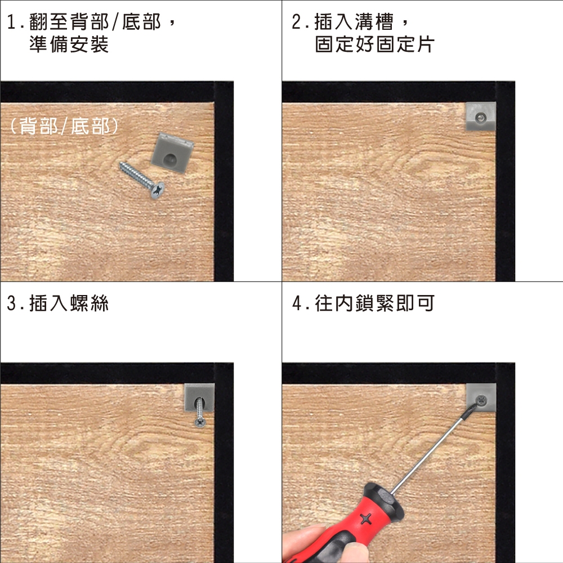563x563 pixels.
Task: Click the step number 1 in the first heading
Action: click(x=11, y=23)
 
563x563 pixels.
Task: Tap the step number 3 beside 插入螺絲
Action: click(x=11, y=303)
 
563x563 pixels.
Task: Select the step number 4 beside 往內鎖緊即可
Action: click(x=297, y=303)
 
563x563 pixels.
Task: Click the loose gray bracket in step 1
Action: click(x=172, y=153)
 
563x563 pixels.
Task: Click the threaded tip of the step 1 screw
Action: click(x=122, y=165)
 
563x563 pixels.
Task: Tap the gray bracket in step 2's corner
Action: click(x=481, y=117)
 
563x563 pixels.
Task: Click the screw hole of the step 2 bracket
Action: click(x=480, y=117)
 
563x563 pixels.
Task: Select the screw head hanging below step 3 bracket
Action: click(x=200, y=422)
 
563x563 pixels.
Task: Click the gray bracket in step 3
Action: click(x=199, y=397)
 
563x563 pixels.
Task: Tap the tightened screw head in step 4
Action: click(x=481, y=399)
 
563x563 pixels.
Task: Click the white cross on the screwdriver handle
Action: click(x=366, y=519)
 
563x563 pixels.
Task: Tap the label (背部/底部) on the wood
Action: click(x=64, y=126)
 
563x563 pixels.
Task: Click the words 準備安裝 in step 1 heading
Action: click(x=69, y=44)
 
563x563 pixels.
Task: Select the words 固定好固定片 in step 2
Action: click(x=375, y=44)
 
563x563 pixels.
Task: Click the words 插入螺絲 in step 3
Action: click(x=69, y=303)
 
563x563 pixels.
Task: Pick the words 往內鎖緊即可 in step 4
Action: click(x=375, y=303)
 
